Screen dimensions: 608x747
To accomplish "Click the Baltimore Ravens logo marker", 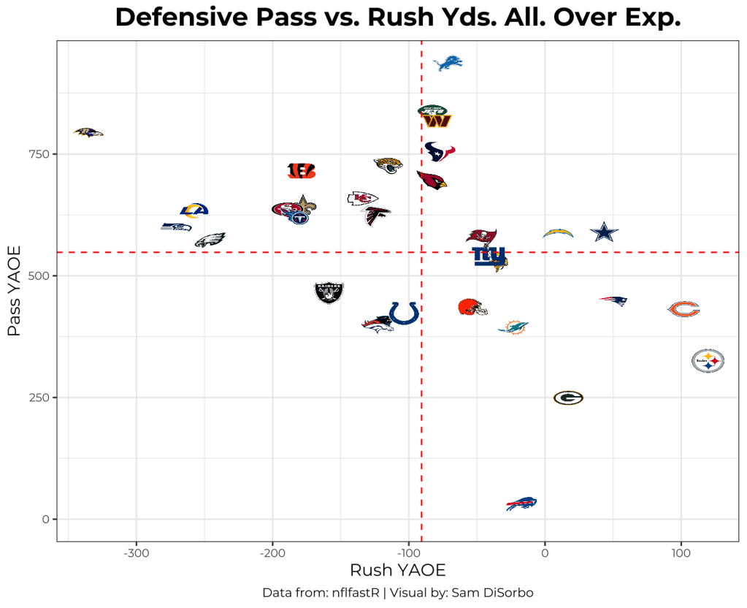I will [x=88, y=132].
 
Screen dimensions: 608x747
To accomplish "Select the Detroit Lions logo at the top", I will [x=448, y=63].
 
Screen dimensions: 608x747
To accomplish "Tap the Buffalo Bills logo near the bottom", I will [x=521, y=503].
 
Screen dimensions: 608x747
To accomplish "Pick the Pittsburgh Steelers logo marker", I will [x=708, y=360].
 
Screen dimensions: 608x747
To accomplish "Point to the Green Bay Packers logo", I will [x=568, y=398].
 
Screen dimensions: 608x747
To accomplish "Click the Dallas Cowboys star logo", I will [x=604, y=232].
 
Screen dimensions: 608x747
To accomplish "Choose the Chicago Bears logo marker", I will [x=684, y=309].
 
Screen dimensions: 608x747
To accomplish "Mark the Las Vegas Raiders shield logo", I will [x=329, y=292].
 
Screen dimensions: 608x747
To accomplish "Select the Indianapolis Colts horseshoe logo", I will [x=403, y=313].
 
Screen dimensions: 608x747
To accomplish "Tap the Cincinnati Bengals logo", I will [x=302, y=170].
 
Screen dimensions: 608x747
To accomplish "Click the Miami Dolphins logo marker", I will [x=513, y=326].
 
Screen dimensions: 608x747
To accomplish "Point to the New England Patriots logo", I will [x=614, y=300].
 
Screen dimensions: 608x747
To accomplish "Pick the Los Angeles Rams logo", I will [x=194, y=211].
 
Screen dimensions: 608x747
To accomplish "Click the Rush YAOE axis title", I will [x=397, y=570].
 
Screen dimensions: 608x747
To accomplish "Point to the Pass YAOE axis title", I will [x=15, y=291].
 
